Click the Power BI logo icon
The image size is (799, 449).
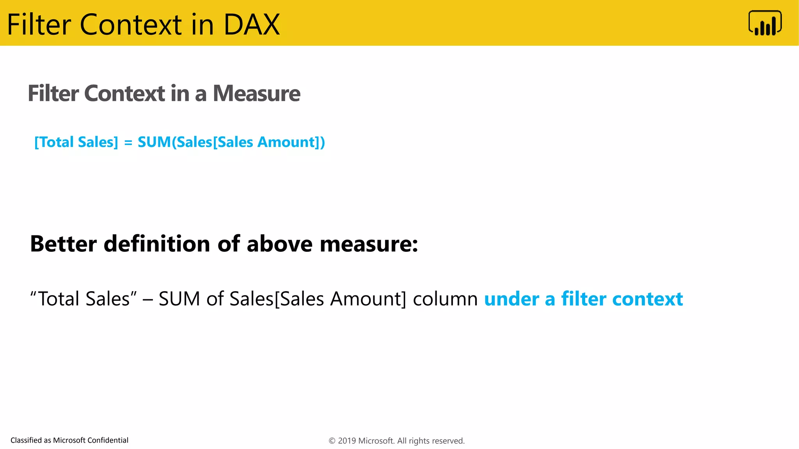click(765, 23)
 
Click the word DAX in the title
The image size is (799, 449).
click(251, 25)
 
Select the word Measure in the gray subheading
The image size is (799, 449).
click(256, 94)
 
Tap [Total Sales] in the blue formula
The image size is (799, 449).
click(76, 142)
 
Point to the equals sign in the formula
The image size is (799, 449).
click(128, 143)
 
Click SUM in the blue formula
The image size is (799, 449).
click(154, 142)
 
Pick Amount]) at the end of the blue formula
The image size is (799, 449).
click(291, 142)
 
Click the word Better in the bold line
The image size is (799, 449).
click(63, 244)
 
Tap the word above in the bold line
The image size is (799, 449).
click(279, 244)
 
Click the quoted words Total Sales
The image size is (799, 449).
click(83, 299)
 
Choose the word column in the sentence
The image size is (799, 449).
click(445, 299)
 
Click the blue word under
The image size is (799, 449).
click(511, 299)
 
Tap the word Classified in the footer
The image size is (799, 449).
click(26, 440)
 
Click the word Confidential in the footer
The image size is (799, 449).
click(108, 440)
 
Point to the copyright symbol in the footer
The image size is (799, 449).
click(332, 441)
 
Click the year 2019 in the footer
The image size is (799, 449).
click(347, 441)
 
